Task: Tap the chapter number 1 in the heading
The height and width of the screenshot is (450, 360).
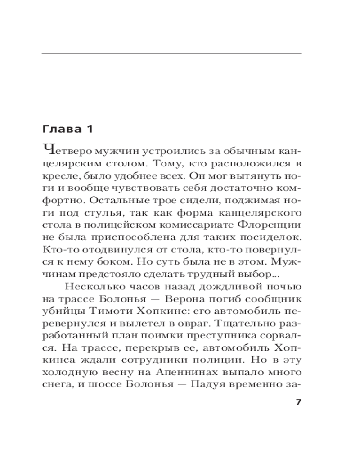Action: [x=89, y=129]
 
